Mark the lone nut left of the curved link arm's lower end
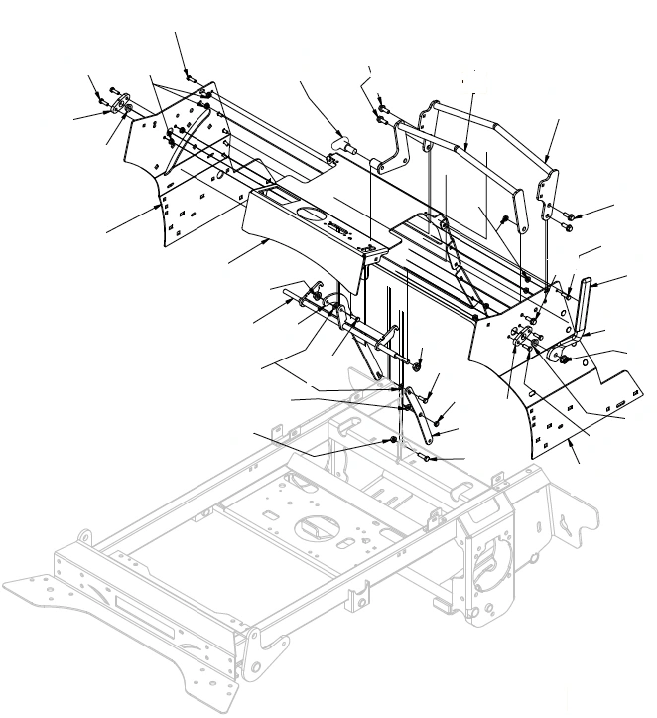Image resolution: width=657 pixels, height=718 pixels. click(394, 439)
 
